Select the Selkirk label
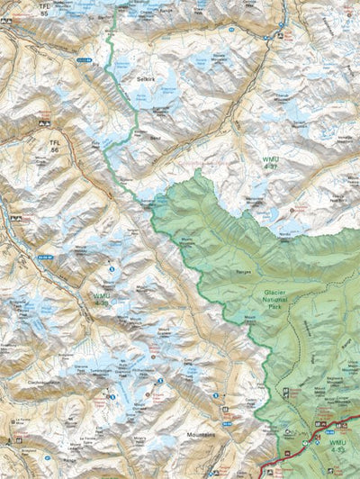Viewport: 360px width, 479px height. tap(148, 80)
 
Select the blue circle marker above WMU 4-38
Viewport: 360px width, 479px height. tap(111, 268)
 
